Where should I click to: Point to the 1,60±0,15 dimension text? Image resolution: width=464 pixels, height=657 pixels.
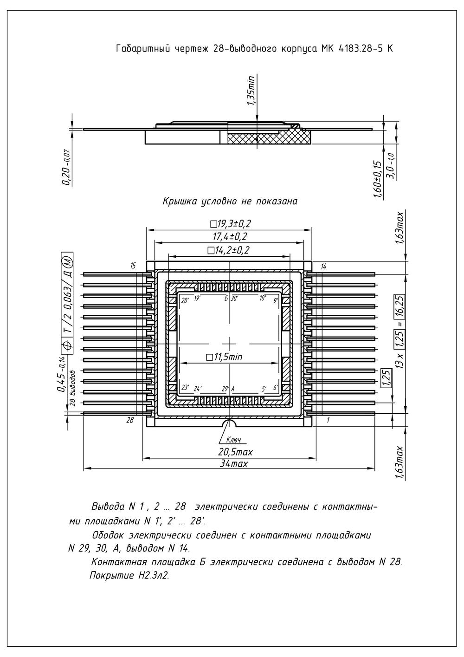point(379,179)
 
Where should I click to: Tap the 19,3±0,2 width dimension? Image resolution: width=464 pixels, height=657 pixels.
point(231,224)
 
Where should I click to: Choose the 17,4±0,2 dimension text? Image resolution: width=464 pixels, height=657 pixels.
point(230,236)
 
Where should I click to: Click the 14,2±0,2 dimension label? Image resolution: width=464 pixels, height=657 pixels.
point(228,250)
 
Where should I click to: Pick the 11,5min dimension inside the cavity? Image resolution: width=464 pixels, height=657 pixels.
point(224,357)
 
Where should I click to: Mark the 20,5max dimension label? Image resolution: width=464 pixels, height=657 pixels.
point(235,452)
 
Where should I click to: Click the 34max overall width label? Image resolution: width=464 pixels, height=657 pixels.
point(234,463)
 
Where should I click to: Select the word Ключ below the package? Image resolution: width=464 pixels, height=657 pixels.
point(233,440)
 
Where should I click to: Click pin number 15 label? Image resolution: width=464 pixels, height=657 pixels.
point(133,266)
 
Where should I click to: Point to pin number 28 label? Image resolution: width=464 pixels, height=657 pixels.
point(130,420)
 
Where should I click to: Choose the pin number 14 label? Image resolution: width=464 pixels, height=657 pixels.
point(323,267)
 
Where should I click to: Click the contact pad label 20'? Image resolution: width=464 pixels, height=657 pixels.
point(185,300)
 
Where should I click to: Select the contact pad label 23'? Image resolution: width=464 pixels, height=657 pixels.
point(185,387)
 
